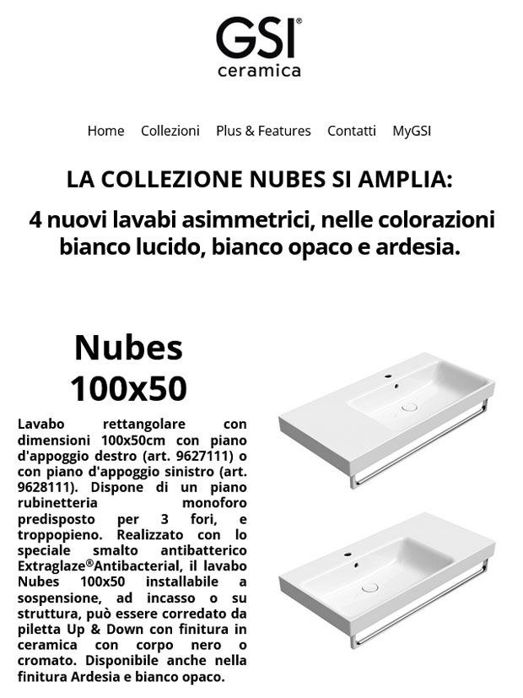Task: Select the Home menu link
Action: tap(105, 131)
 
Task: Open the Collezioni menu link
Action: tap(170, 131)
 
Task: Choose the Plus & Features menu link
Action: tap(263, 131)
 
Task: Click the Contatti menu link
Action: tap(352, 131)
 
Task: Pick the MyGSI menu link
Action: tap(412, 131)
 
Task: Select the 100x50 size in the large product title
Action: tap(128, 388)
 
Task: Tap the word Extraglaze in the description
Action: tap(49, 567)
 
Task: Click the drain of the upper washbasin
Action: tap(411, 406)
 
